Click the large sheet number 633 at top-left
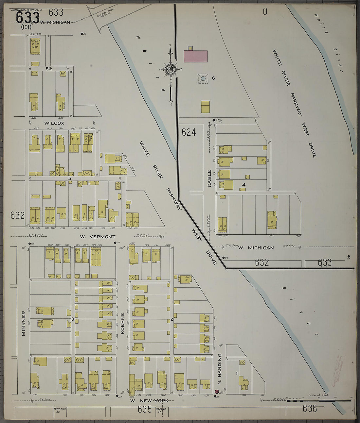coord(27,17)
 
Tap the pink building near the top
coord(196,56)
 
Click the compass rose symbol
coord(171,69)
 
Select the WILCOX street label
coord(54,123)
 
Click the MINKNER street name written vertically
coord(24,319)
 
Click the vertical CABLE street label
coord(209,178)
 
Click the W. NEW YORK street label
coord(149,400)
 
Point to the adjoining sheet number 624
coord(189,132)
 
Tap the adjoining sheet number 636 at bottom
coord(310,408)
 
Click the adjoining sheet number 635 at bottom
coord(145,409)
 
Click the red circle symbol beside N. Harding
coord(216,392)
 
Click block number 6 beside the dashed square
coord(213,78)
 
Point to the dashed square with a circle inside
coord(203,78)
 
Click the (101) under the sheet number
coord(26,27)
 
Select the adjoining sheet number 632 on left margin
coord(17,215)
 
